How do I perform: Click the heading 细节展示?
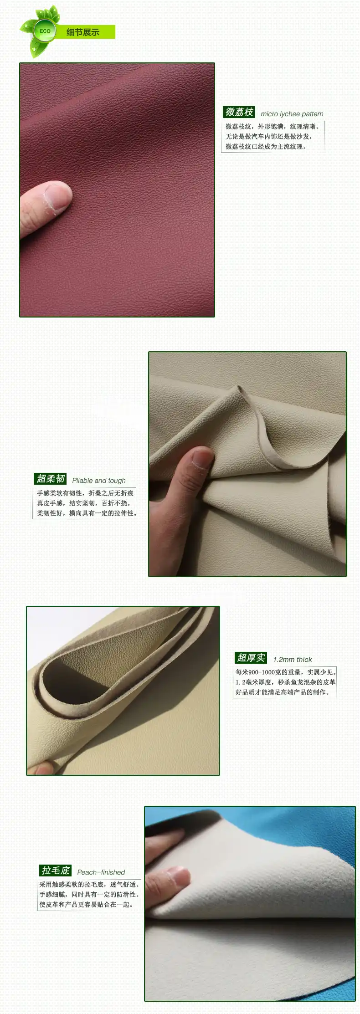82,32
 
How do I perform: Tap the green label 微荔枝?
239,112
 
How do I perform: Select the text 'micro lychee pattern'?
292,114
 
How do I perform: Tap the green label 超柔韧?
51,478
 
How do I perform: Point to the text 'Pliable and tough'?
99,481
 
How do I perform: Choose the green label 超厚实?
251,658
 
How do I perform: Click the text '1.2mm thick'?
293,660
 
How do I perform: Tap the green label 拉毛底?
56,871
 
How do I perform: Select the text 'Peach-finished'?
101,872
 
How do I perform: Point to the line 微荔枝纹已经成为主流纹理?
266,147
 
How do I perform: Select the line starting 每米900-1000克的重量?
286,672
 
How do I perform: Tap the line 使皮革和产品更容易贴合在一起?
86,905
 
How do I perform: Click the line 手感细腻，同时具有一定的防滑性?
89,895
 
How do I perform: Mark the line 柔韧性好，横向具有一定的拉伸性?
87,513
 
